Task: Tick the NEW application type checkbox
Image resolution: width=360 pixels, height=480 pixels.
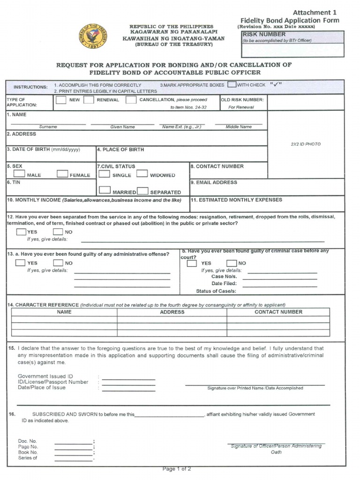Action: coord(61,100)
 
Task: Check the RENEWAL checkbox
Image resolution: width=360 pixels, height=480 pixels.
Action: coord(89,100)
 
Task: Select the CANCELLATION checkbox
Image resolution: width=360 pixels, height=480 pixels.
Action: coord(131,100)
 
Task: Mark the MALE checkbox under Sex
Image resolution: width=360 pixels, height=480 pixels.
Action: coord(18,174)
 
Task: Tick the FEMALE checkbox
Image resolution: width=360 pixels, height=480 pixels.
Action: coord(62,174)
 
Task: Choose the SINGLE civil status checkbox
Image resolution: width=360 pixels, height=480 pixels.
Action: coord(105,174)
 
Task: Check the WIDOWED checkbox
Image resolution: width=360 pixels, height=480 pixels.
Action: coord(142,174)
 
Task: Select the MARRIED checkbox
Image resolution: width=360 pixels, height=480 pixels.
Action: coord(105,191)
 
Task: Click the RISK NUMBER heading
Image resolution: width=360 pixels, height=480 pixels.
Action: coord(264,34)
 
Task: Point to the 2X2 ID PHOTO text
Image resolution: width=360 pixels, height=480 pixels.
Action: coord(306,144)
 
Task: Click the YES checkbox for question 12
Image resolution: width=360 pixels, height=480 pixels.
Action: coord(21,232)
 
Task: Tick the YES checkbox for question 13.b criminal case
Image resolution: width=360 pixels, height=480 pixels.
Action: coord(192,263)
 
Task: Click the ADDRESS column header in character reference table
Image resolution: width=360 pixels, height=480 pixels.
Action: coord(172,312)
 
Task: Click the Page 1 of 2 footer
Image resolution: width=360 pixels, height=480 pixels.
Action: coord(177,469)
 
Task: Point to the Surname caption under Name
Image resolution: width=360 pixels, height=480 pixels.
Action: coord(48,127)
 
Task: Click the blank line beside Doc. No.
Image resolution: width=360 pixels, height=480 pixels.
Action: coord(73,442)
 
